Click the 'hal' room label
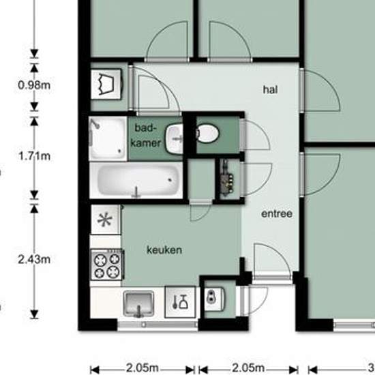[270, 90]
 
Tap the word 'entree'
[277, 213]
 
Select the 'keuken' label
[164, 250]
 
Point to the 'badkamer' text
[146, 136]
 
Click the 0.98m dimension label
[34, 85]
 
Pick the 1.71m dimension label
[34, 156]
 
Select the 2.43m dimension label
[34, 260]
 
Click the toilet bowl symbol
[207, 134]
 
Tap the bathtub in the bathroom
[136, 180]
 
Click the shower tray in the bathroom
[108, 138]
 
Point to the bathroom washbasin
[175, 139]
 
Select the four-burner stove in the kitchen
[107, 265]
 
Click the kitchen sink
[138, 303]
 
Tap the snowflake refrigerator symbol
[105, 220]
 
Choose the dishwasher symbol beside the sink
[180, 302]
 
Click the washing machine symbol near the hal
[106, 84]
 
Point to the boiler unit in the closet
[227, 179]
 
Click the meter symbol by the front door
[214, 299]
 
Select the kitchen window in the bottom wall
[158, 325]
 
